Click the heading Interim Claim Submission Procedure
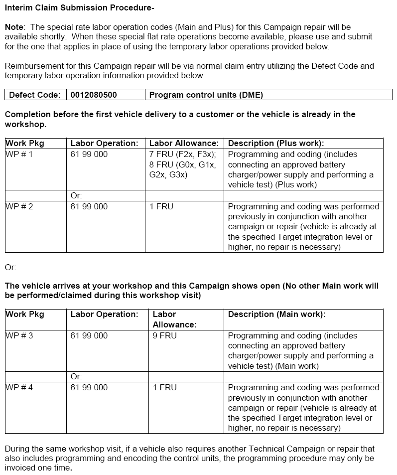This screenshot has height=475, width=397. click(79, 7)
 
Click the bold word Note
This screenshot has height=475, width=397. click(14, 26)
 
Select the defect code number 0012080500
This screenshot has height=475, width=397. click(94, 95)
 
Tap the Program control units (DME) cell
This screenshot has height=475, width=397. click(206, 95)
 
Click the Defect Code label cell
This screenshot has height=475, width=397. click(35, 95)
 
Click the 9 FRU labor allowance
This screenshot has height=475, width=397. click(165, 336)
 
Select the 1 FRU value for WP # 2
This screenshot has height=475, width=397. click(161, 206)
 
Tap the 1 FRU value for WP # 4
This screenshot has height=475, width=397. click(165, 387)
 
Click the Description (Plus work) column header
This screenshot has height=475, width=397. click(276, 144)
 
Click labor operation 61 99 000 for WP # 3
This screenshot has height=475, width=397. click(89, 336)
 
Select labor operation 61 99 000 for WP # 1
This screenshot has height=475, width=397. click(89, 155)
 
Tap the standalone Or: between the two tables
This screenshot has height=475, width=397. click(10, 268)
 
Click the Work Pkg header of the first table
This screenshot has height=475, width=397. click(25, 144)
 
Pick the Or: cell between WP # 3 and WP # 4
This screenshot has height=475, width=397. click(76, 376)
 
